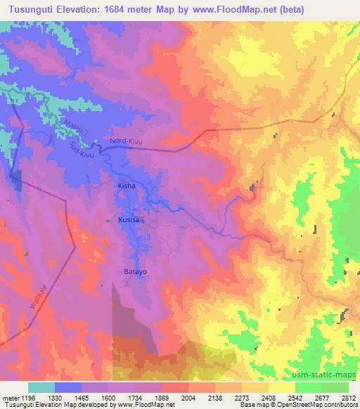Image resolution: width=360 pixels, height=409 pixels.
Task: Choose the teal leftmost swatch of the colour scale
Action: (x=41, y=387)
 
